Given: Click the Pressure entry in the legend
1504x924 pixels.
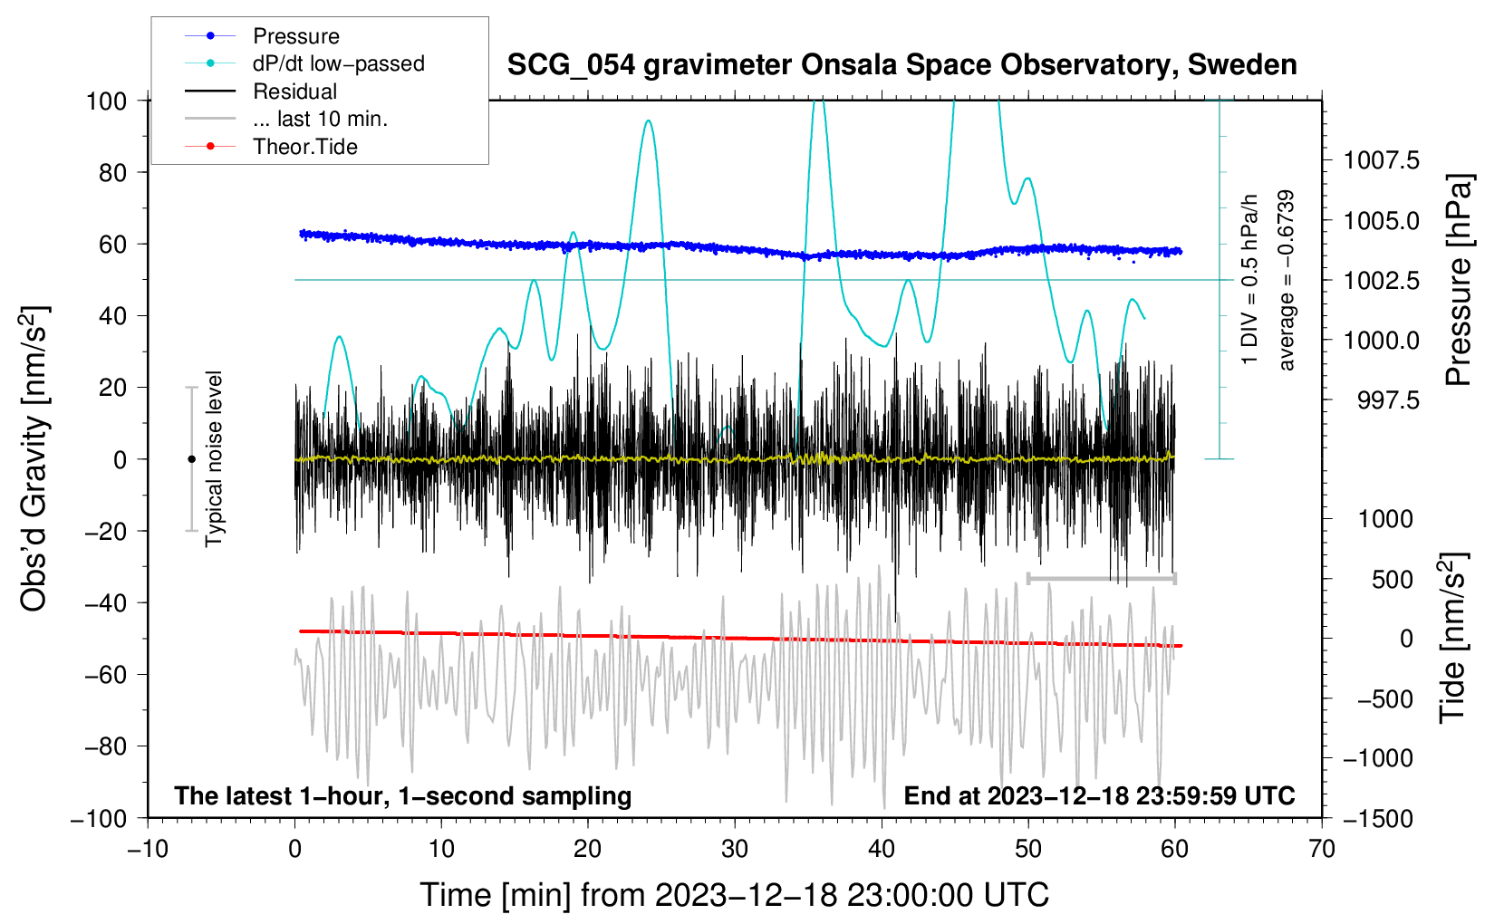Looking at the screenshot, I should tap(295, 36).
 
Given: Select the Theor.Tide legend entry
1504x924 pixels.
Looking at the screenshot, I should tap(304, 147).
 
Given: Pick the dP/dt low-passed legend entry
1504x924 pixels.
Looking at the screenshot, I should tap(338, 63).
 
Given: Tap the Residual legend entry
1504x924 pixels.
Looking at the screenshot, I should tap(294, 91).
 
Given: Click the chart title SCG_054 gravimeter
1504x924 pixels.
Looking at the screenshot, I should tap(901, 65).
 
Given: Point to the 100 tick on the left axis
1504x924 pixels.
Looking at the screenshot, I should tap(106, 101).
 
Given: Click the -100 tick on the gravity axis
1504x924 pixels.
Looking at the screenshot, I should tap(99, 818).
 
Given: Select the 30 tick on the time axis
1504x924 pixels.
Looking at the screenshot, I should tap(735, 849).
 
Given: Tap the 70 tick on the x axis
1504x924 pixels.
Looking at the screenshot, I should tap(1322, 849).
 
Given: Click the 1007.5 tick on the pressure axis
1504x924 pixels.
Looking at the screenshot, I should tap(1382, 160).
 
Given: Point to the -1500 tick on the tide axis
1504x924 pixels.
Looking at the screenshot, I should tap(1378, 818).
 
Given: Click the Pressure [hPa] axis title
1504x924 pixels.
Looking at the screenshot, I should tap(1458, 280).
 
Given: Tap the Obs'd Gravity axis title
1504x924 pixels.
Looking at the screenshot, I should tap(34, 459).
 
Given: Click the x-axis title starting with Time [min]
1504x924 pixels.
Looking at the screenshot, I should tap(735, 895).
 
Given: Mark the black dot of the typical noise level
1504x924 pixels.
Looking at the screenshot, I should tap(191, 459).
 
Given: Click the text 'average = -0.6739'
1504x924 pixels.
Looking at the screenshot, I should tap(1287, 280).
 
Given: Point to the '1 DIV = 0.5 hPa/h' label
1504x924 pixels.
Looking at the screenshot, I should tap(1250, 280).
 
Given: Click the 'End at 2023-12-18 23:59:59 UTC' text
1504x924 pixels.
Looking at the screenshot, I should tap(1099, 795).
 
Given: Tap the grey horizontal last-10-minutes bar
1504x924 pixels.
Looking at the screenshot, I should tap(1102, 578).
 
